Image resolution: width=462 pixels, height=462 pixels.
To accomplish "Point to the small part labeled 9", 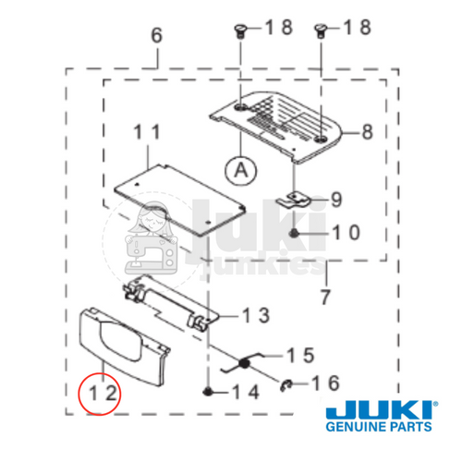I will [x=297, y=197].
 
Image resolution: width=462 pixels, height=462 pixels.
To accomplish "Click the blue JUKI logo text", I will [x=379, y=409].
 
